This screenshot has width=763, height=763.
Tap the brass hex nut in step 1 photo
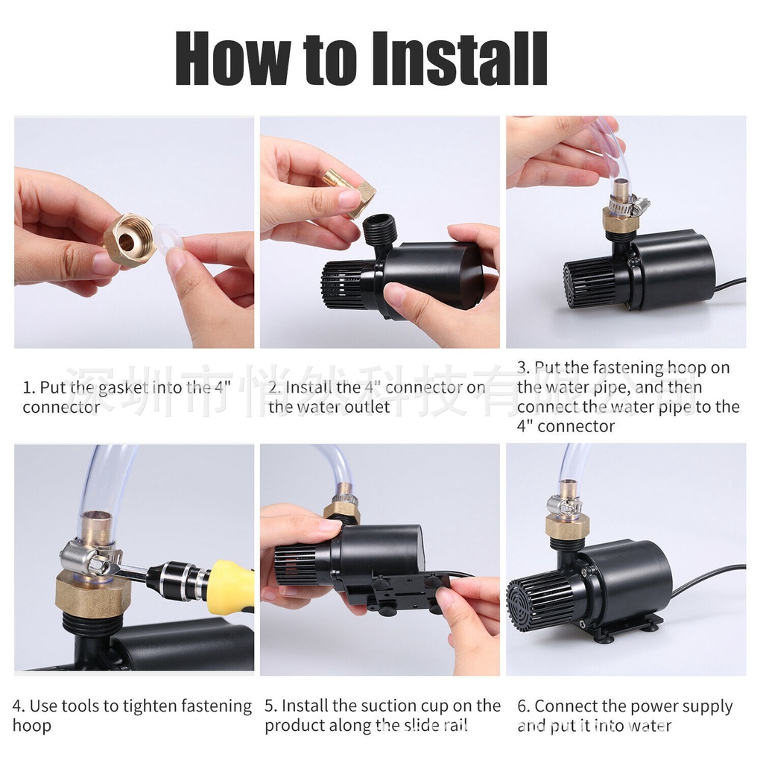point(129,240)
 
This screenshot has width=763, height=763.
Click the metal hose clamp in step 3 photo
point(627,203)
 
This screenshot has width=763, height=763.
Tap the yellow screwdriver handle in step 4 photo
point(230,586)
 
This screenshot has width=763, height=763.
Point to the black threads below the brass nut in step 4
point(92,624)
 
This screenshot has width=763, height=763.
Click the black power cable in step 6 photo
point(708,577)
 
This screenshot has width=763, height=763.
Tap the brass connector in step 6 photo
point(567,525)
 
